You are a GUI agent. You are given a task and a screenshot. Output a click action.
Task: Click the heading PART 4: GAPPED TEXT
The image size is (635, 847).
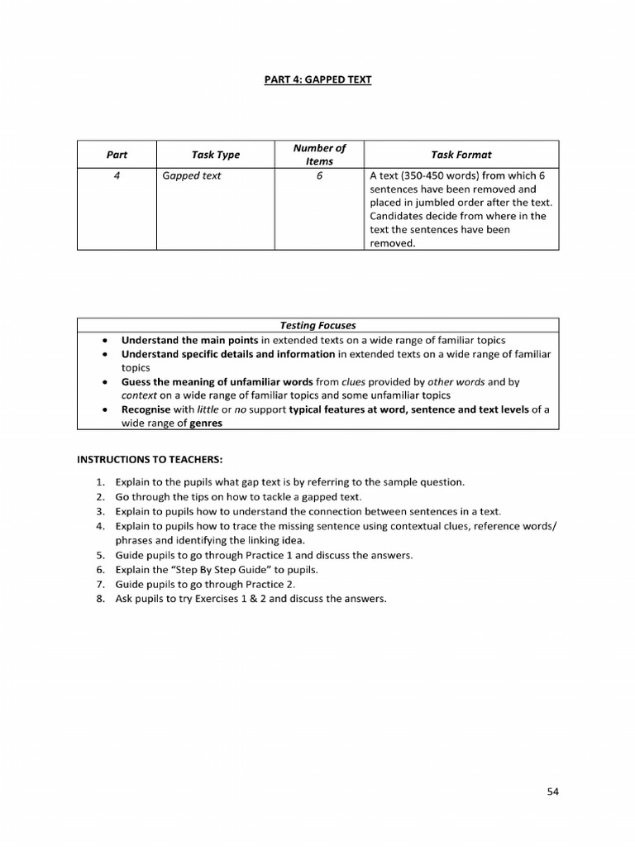click(318, 79)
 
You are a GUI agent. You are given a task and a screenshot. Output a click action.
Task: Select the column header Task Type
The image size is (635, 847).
click(215, 155)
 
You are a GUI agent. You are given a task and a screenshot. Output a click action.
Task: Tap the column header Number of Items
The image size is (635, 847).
click(319, 155)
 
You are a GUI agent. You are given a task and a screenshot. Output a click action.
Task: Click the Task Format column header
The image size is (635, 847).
click(461, 155)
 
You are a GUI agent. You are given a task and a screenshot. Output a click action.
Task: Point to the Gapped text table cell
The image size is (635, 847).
click(192, 176)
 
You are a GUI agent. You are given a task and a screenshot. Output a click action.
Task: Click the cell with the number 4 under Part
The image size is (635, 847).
click(117, 176)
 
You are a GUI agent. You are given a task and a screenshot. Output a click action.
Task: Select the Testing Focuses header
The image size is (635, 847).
click(317, 326)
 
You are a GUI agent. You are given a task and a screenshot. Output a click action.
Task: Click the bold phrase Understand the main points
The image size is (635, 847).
click(189, 340)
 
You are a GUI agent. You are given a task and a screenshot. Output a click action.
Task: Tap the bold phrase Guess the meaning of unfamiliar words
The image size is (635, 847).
click(217, 382)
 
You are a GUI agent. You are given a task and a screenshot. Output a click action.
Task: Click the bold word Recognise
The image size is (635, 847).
click(146, 409)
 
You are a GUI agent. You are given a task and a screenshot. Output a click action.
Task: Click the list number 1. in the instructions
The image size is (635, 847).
click(99, 481)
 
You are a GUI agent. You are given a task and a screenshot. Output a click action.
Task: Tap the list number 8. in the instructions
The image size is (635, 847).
click(99, 600)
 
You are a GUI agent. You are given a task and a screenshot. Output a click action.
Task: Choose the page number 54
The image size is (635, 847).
click(553, 792)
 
